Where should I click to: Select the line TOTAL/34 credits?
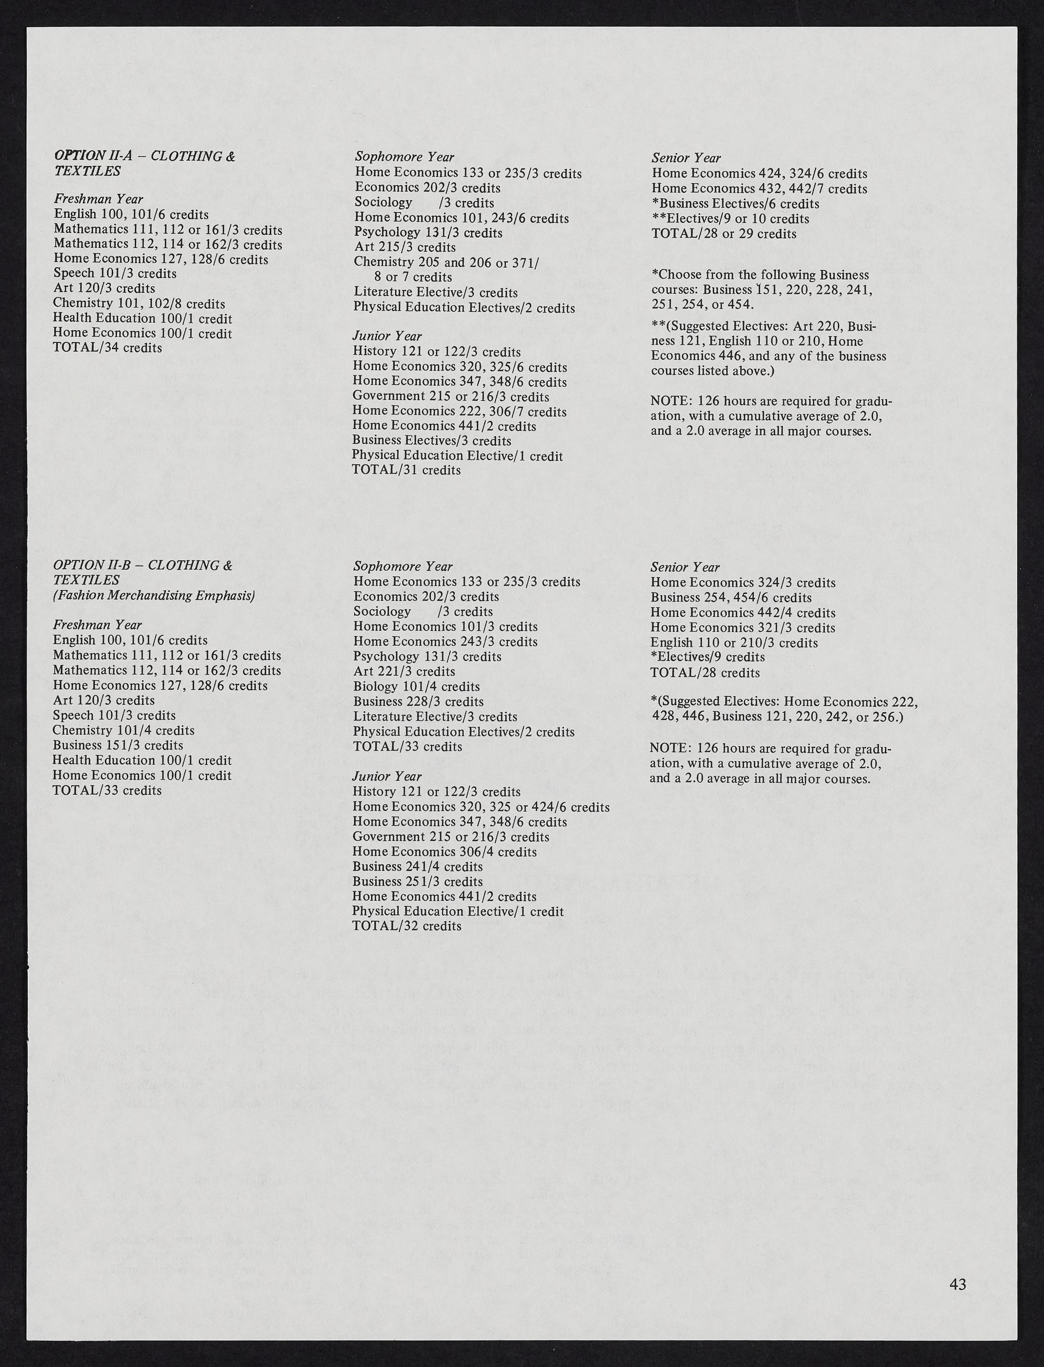coord(108,348)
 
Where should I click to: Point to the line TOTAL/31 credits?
coord(406,470)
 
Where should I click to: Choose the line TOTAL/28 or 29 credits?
coord(723,234)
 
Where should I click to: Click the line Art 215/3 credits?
coord(405,247)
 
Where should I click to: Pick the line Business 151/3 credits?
coord(117,746)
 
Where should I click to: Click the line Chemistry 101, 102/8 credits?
coord(139,304)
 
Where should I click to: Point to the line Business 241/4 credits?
coord(417,867)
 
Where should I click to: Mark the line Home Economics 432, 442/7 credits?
coord(759,189)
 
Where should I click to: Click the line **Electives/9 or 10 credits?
coord(730,219)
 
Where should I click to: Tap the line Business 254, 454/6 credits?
coord(731,598)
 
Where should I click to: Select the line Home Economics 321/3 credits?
coord(742,628)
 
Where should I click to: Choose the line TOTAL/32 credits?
coord(406,926)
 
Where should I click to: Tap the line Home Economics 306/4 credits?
coord(445,852)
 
